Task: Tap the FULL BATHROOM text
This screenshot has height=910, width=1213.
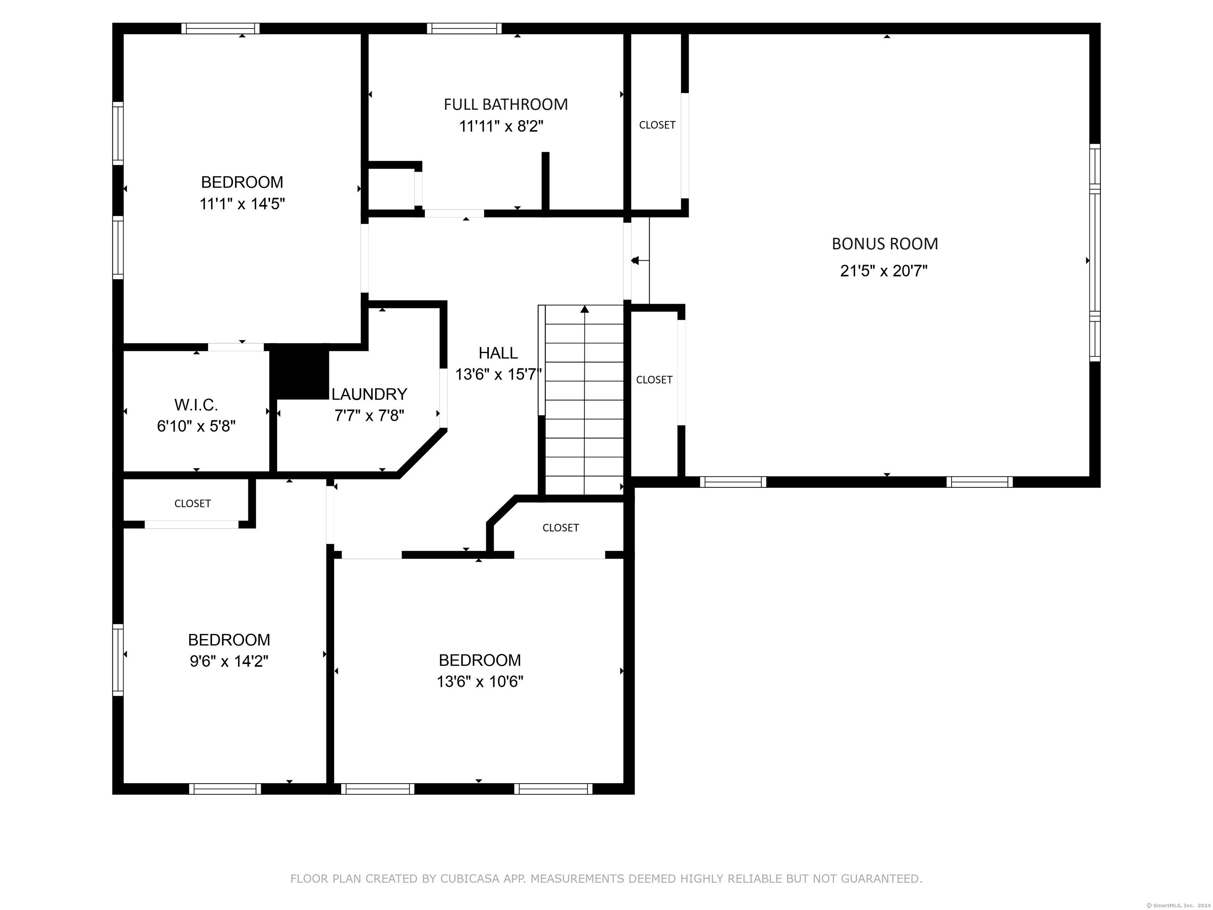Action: [505, 104]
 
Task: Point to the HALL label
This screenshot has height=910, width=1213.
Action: [498, 353]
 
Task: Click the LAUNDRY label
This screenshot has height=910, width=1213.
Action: [369, 394]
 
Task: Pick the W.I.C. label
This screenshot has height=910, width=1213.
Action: [196, 405]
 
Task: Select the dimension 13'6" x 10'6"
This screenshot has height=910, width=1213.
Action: [480, 681]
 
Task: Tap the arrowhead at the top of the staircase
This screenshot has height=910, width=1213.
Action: [584, 309]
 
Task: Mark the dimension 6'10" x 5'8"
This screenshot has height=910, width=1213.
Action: [196, 426]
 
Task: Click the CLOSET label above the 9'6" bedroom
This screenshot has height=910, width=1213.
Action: [192, 504]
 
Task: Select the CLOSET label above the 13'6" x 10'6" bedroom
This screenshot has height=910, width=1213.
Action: [560, 528]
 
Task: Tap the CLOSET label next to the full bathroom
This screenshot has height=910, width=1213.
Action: [657, 125]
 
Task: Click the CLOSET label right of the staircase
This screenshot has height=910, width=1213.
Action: [654, 380]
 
